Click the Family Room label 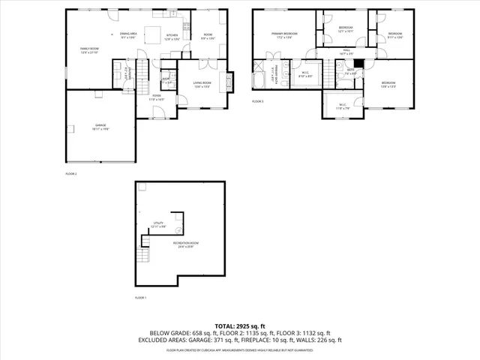[90, 50]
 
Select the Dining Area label [128, 34]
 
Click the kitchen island [154, 34]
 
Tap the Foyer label [156, 97]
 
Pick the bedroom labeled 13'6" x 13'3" [388, 83]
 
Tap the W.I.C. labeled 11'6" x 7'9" [342, 106]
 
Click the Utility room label [158, 224]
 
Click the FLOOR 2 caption [71, 174]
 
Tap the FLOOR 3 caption [257, 101]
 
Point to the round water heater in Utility [178, 230]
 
